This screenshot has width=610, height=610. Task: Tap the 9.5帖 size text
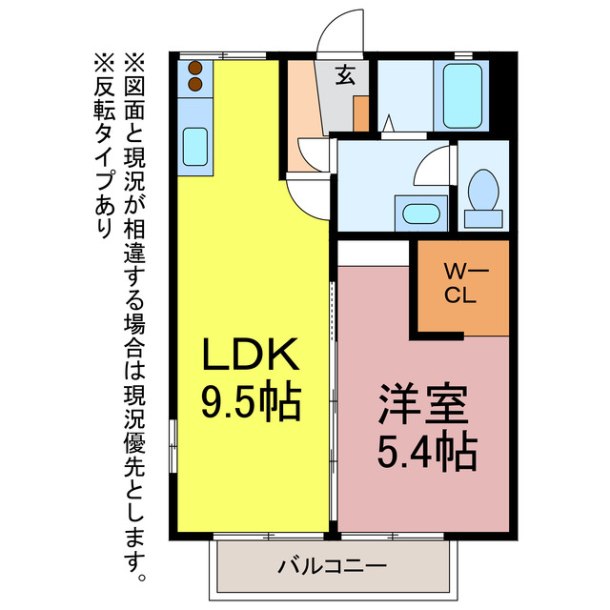(x=251, y=402)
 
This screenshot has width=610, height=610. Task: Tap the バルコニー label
(x=332, y=566)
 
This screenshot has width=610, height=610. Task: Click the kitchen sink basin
(x=196, y=147)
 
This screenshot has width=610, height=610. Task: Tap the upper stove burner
(x=195, y=69)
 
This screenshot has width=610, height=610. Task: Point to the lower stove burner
(x=195, y=84)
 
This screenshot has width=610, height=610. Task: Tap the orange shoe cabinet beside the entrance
(x=361, y=112)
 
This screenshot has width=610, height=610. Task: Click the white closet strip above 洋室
(x=373, y=253)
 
